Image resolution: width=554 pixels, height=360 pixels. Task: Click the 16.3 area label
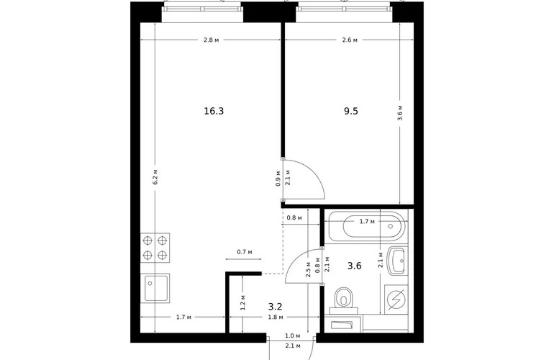pyautogui.click(x=214, y=112)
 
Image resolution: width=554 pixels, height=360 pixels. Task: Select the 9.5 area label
pyautogui.click(x=351, y=112)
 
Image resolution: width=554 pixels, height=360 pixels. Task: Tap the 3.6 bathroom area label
pyautogui.click(x=354, y=266)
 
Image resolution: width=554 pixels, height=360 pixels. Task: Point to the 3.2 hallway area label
pyautogui.click(x=276, y=306)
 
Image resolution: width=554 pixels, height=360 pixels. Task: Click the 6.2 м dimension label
pyautogui.click(x=155, y=177)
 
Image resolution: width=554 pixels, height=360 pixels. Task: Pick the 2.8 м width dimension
pyautogui.click(x=211, y=40)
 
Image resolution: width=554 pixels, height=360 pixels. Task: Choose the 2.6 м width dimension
pyautogui.click(x=350, y=40)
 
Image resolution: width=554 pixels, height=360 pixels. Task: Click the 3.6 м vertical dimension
pyautogui.click(x=400, y=113)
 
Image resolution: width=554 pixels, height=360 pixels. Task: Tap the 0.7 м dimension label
pyautogui.click(x=245, y=252)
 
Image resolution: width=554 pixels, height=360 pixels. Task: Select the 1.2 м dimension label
pyautogui.click(x=242, y=303)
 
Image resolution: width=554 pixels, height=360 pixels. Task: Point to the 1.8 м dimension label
pyautogui.click(x=276, y=318)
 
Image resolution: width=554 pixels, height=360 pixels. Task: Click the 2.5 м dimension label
pyautogui.click(x=309, y=269)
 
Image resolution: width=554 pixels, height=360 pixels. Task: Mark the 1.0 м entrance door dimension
pyautogui.click(x=293, y=336)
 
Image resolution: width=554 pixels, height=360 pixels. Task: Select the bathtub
pyautogui.click(x=367, y=226)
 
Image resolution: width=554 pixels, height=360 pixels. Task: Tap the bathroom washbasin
pyautogui.click(x=397, y=261)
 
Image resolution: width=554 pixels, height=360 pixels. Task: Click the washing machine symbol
pyautogui.click(x=396, y=300)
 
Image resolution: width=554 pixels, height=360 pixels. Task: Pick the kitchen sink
pyautogui.click(x=155, y=288)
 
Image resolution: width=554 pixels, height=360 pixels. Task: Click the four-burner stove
pyautogui.click(x=155, y=248)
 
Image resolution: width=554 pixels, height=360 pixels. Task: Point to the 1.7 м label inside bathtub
pyautogui.click(x=367, y=222)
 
